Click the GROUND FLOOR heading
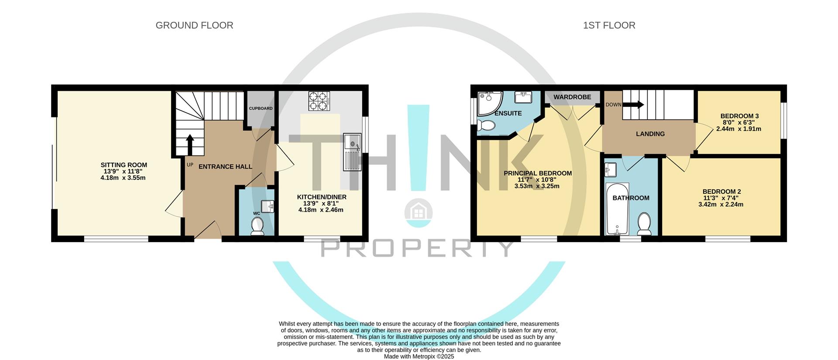194,25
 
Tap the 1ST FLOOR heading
609,25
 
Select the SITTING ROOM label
124,165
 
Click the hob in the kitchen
319,101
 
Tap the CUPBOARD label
261,108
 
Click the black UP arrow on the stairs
190,144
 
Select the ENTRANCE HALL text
225,167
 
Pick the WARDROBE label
572,97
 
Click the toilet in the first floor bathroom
644,223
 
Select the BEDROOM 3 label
739,116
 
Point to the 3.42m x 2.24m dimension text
721,204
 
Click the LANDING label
650,134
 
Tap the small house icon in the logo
419,213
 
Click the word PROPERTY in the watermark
418,249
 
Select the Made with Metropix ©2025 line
419,357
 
